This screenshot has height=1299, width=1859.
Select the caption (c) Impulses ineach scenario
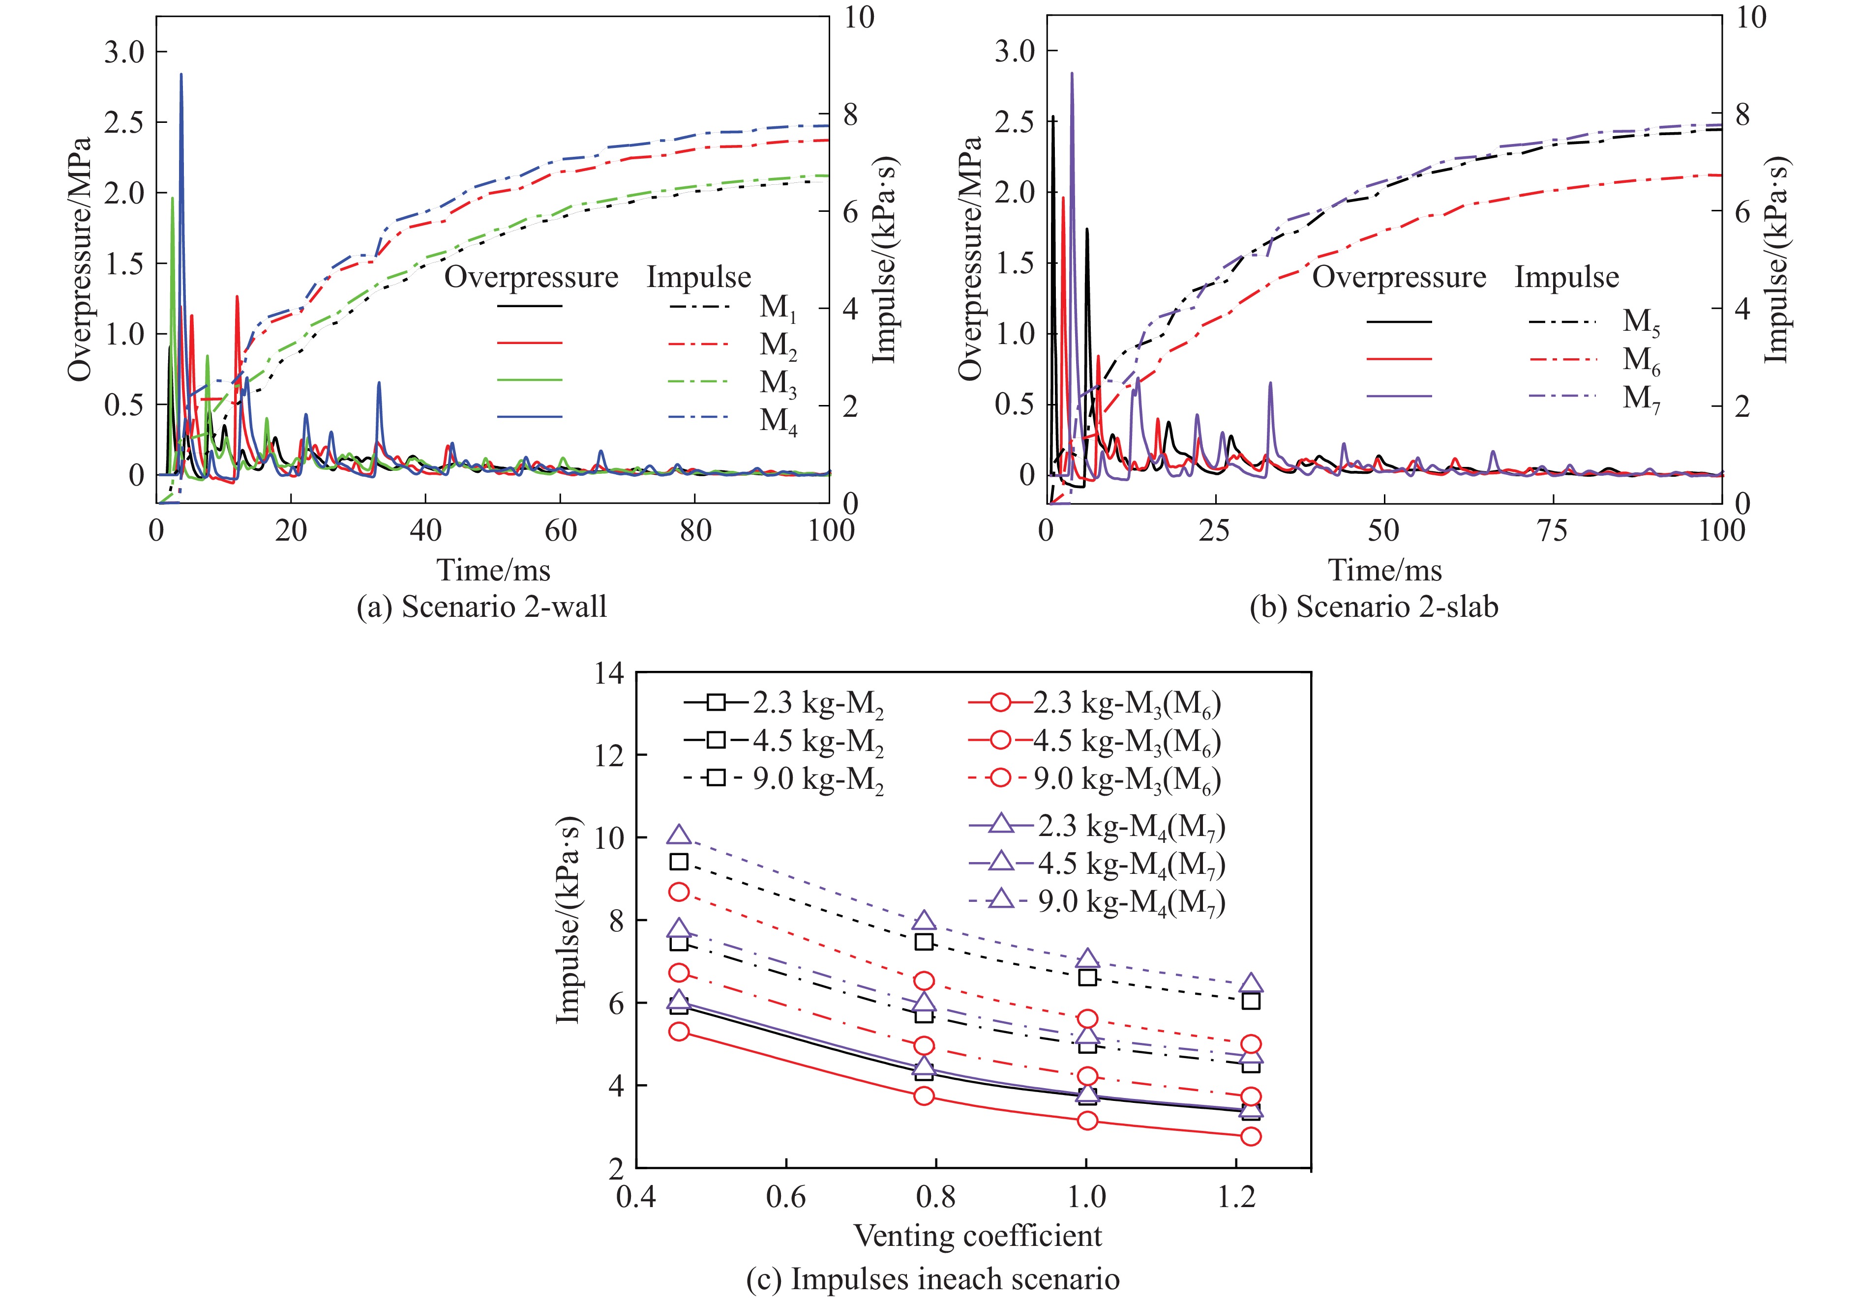tap(933, 1279)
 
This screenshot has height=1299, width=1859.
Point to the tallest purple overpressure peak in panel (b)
tap(1072, 74)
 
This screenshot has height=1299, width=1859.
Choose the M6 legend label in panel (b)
tap(1641, 360)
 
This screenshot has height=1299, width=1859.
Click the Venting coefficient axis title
tap(977, 1236)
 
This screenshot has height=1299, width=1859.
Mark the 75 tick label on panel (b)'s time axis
tap(1551, 531)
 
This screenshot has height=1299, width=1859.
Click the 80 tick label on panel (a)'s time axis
tap(695, 531)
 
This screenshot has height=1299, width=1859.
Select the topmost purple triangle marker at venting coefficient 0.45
tap(679, 835)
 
